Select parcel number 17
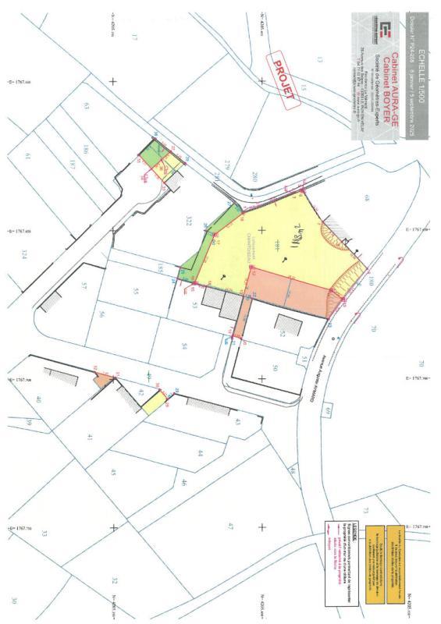(133, 37)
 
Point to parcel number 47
(231, 527)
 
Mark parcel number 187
(71, 164)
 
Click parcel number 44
(200, 453)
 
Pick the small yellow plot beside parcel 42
(154, 403)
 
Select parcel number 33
(44, 534)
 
